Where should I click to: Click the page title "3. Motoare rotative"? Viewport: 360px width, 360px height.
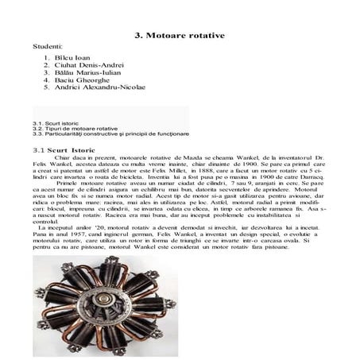[x=180, y=36]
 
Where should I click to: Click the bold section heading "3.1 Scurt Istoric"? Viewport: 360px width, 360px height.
[x=65, y=149]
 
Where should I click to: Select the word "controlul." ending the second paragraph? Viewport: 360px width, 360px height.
[x=48, y=243]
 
